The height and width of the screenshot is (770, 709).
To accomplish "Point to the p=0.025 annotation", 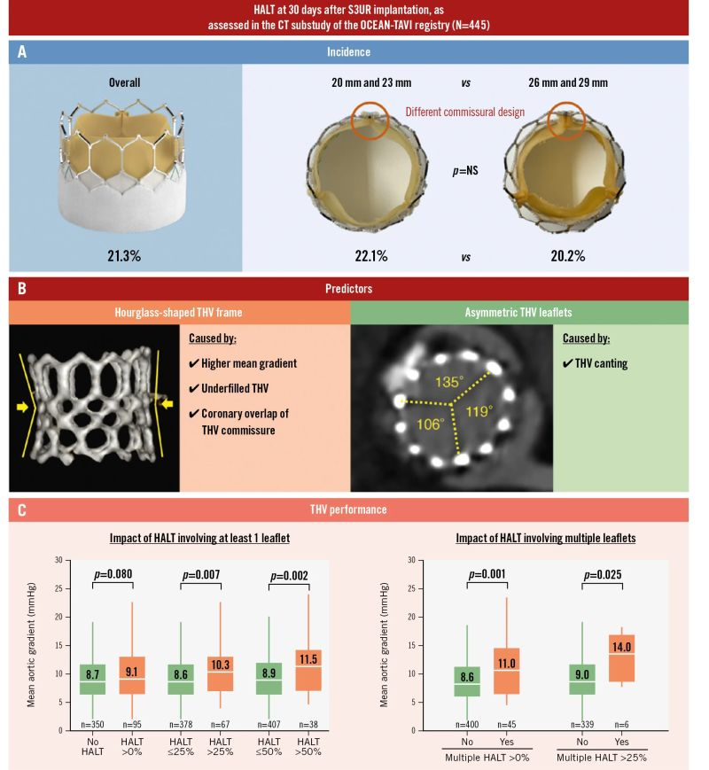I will coord(602,575).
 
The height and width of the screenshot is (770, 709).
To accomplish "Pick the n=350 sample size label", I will coord(92,725).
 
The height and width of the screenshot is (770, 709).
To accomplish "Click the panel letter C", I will coord(22,509).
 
